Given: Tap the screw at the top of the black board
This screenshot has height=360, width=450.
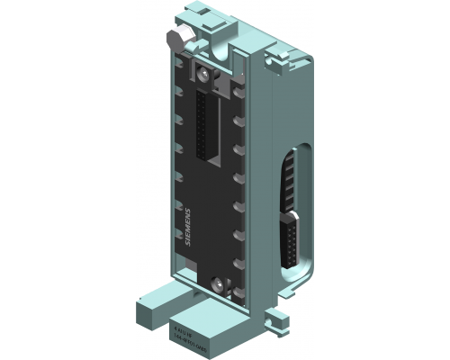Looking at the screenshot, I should point(206,73).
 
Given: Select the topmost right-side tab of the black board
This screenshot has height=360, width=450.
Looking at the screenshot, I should point(238,91).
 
